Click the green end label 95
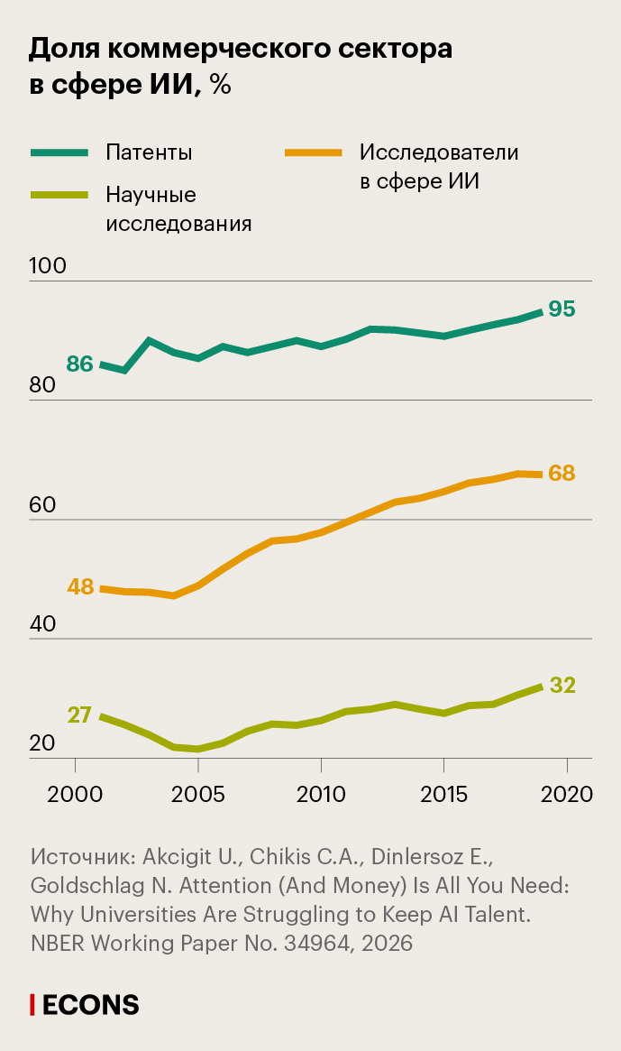tap(562, 309)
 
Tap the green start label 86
tap(80, 364)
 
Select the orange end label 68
tap(562, 473)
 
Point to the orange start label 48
tap(80, 586)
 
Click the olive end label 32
tap(562, 685)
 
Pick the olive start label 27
tap(79, 714)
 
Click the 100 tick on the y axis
tap(48, 267)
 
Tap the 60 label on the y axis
tap(43, 505)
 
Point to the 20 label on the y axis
tap(42, 744)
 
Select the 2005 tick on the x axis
tap(198, 795)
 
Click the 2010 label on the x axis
tap(321, 795)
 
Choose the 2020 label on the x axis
tap(567, 795)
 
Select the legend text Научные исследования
tap(178, 209)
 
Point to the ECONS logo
tap(86, 1005)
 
